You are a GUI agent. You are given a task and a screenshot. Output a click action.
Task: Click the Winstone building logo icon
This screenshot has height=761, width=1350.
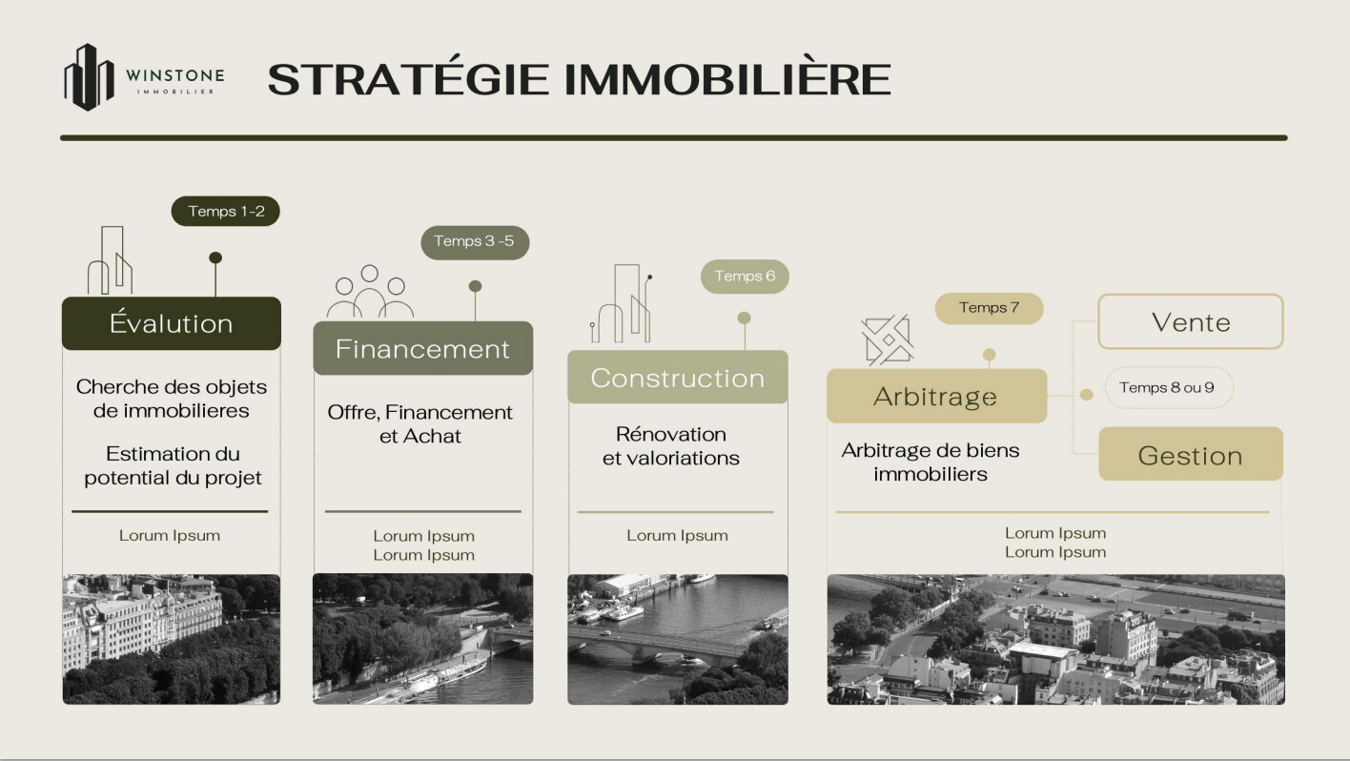[x=90, y=77]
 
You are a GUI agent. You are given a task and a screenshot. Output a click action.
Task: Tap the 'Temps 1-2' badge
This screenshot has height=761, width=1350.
[x=225, y=211]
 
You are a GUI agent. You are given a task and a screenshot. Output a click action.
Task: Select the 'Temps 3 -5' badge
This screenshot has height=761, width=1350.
[x=475, y=242]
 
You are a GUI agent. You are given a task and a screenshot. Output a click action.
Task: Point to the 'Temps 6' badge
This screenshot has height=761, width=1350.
[x=745, y=277]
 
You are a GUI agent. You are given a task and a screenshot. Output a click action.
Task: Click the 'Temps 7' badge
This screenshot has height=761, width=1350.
[x=989, y=308]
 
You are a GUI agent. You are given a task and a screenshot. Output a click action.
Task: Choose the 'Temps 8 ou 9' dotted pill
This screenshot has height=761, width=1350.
[x=1169, y=388]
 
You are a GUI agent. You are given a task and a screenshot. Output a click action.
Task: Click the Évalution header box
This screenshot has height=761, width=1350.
[x=172, y=323]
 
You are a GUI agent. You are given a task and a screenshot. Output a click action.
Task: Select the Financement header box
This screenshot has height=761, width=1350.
[x=423, y=348]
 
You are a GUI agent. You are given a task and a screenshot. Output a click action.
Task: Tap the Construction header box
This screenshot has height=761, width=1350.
[x=678, y=378]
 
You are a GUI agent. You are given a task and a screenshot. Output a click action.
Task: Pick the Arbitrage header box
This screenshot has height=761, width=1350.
[x=937, y=396]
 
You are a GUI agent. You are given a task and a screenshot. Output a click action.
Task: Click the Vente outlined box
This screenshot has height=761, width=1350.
[x=1191, y=321]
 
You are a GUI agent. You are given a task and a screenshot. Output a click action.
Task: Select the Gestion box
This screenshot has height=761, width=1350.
[x=1191, y=454]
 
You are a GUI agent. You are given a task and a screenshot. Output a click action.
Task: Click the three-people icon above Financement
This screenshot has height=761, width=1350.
[x=370, y=291]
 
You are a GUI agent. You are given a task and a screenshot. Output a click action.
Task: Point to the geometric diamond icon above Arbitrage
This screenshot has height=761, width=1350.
[x=888, y=339]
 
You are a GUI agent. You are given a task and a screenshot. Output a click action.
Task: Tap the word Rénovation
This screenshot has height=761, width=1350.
[x=671, y=434]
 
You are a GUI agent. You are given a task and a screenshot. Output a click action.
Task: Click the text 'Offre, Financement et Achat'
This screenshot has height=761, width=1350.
[x=420, y=424]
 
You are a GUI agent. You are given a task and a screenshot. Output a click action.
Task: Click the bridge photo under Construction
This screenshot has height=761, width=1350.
[x=678, y=639]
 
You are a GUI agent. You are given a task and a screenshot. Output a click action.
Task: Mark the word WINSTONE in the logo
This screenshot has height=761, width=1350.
[x=174, y=75]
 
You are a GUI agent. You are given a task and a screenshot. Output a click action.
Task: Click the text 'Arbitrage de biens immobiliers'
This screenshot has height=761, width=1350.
[x=931, y=462]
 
